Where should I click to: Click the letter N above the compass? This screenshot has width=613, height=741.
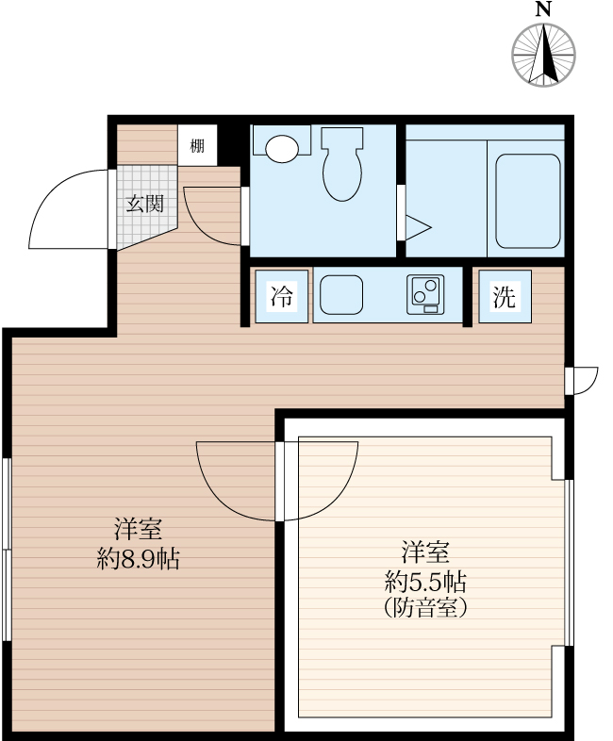click(543, 9)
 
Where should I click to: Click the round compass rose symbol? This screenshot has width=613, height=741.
click(543, 53)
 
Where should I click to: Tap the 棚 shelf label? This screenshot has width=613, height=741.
click(196, 145)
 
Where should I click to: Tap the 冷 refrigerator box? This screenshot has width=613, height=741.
click(282, 297)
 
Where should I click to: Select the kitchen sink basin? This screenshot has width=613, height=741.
click(341, 296)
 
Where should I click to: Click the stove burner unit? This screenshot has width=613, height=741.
click(426, 295)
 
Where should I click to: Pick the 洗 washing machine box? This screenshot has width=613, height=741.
click(505, 297)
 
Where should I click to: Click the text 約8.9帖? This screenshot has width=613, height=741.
click(139, 559)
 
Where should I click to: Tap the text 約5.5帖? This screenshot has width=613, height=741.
click(426, 580)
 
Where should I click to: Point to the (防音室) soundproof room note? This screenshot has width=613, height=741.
click(426, 608)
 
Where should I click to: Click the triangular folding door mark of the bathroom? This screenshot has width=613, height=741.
click(416, 227)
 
